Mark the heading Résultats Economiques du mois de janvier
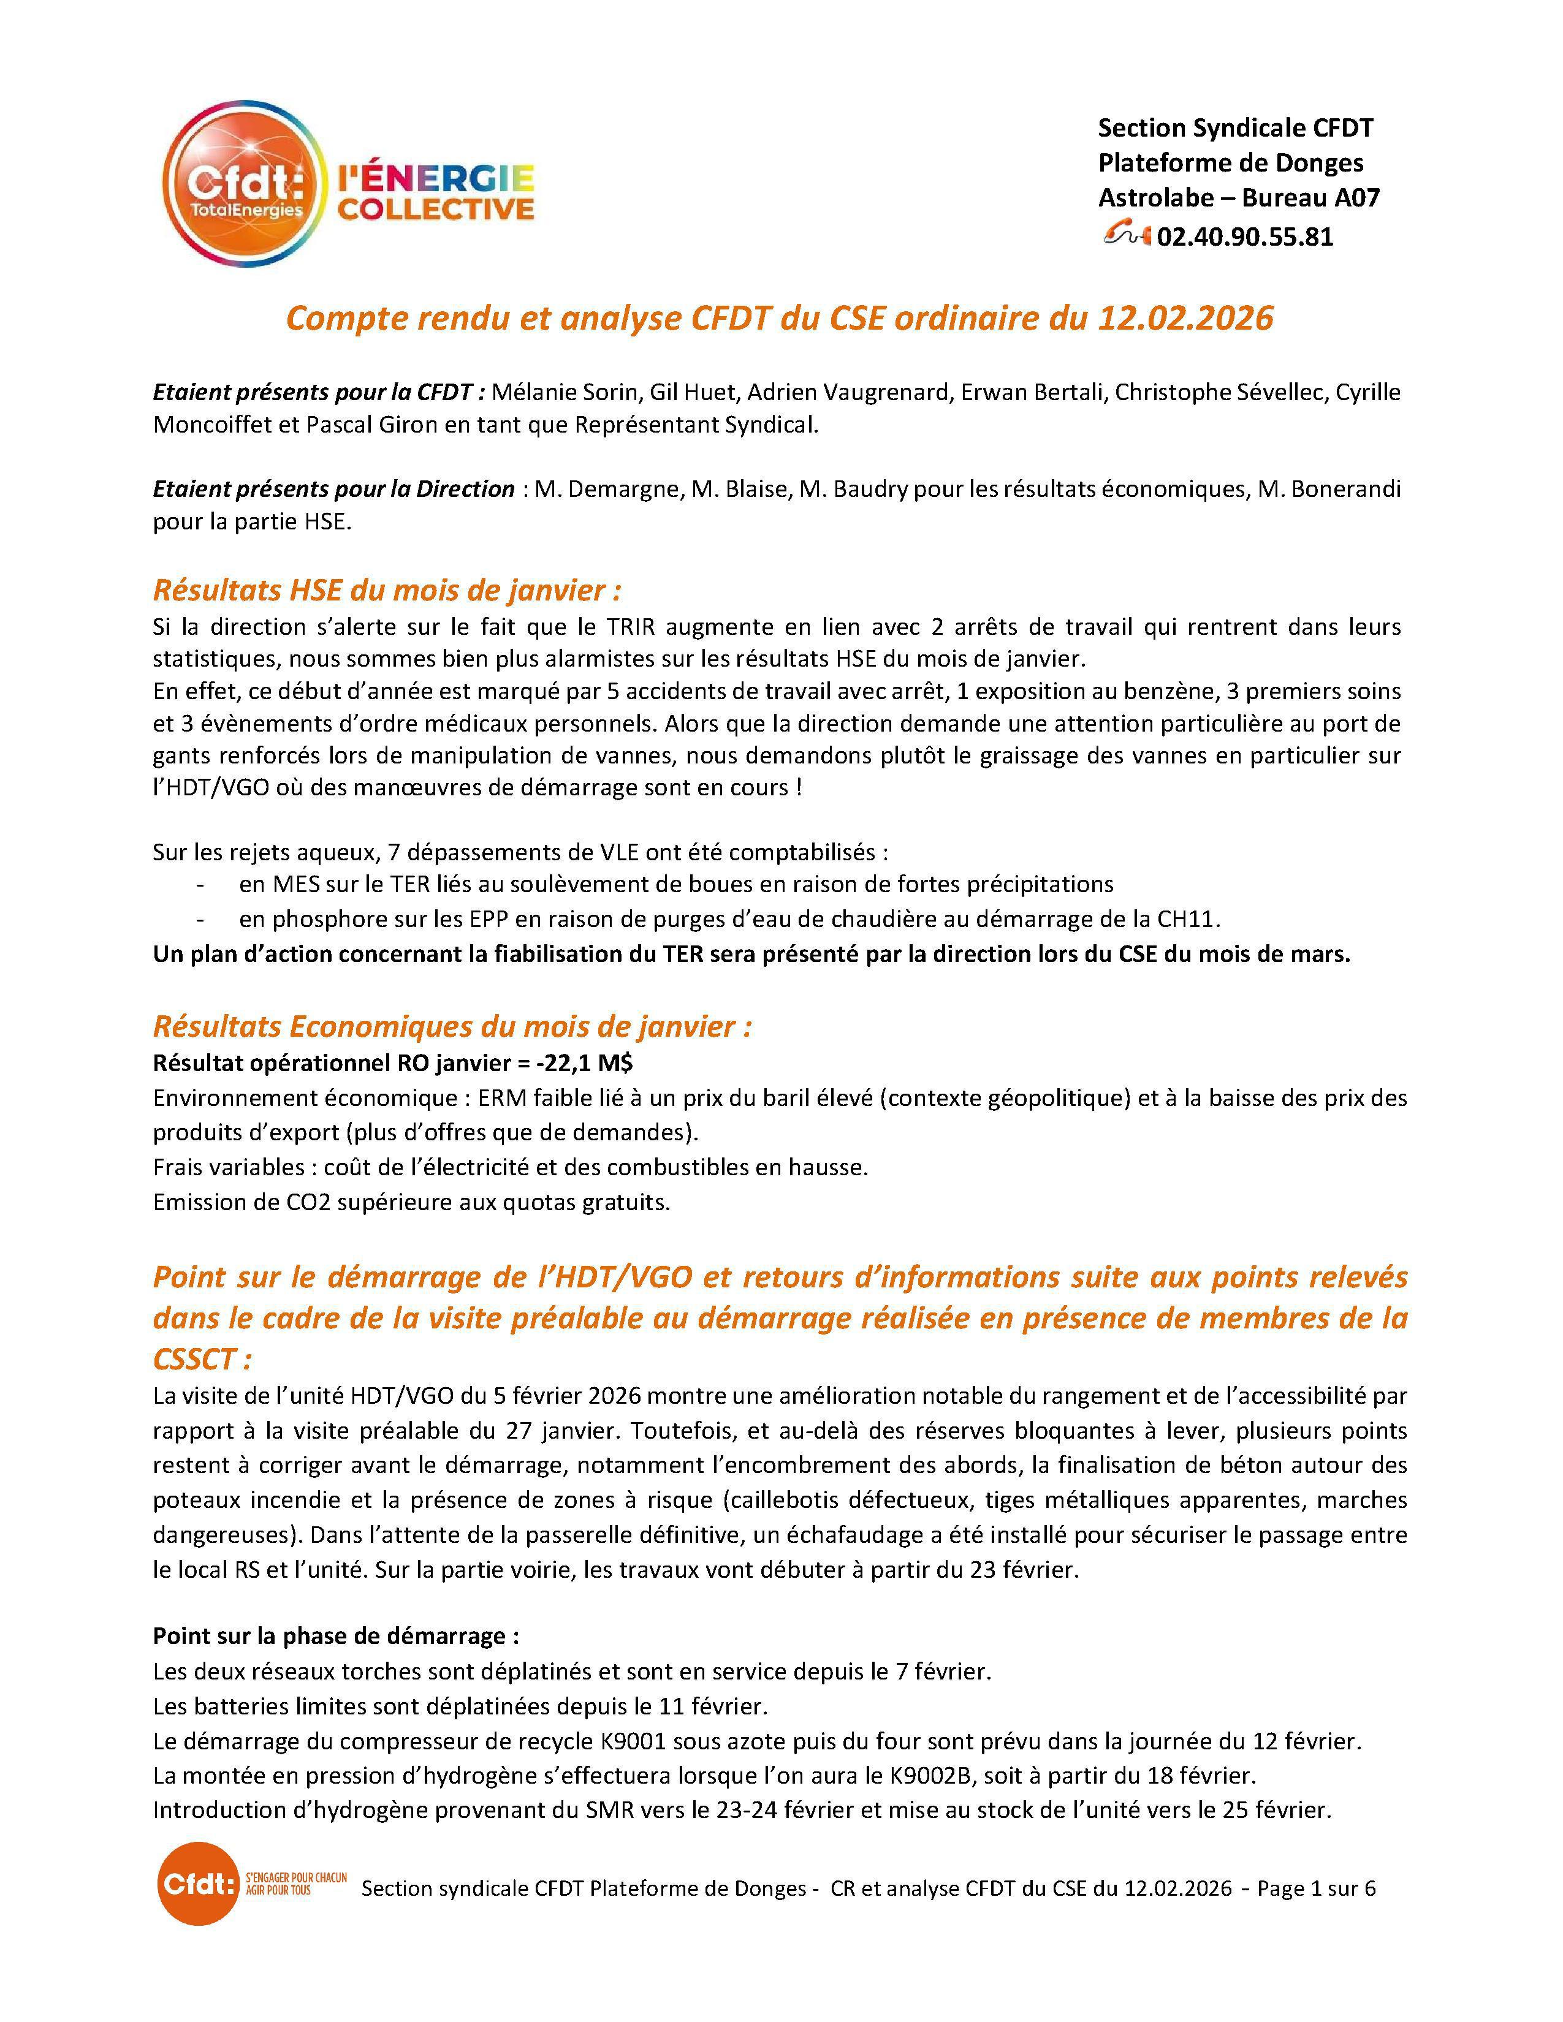tap(452, 1027)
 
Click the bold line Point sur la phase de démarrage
tap(335, 1636)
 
